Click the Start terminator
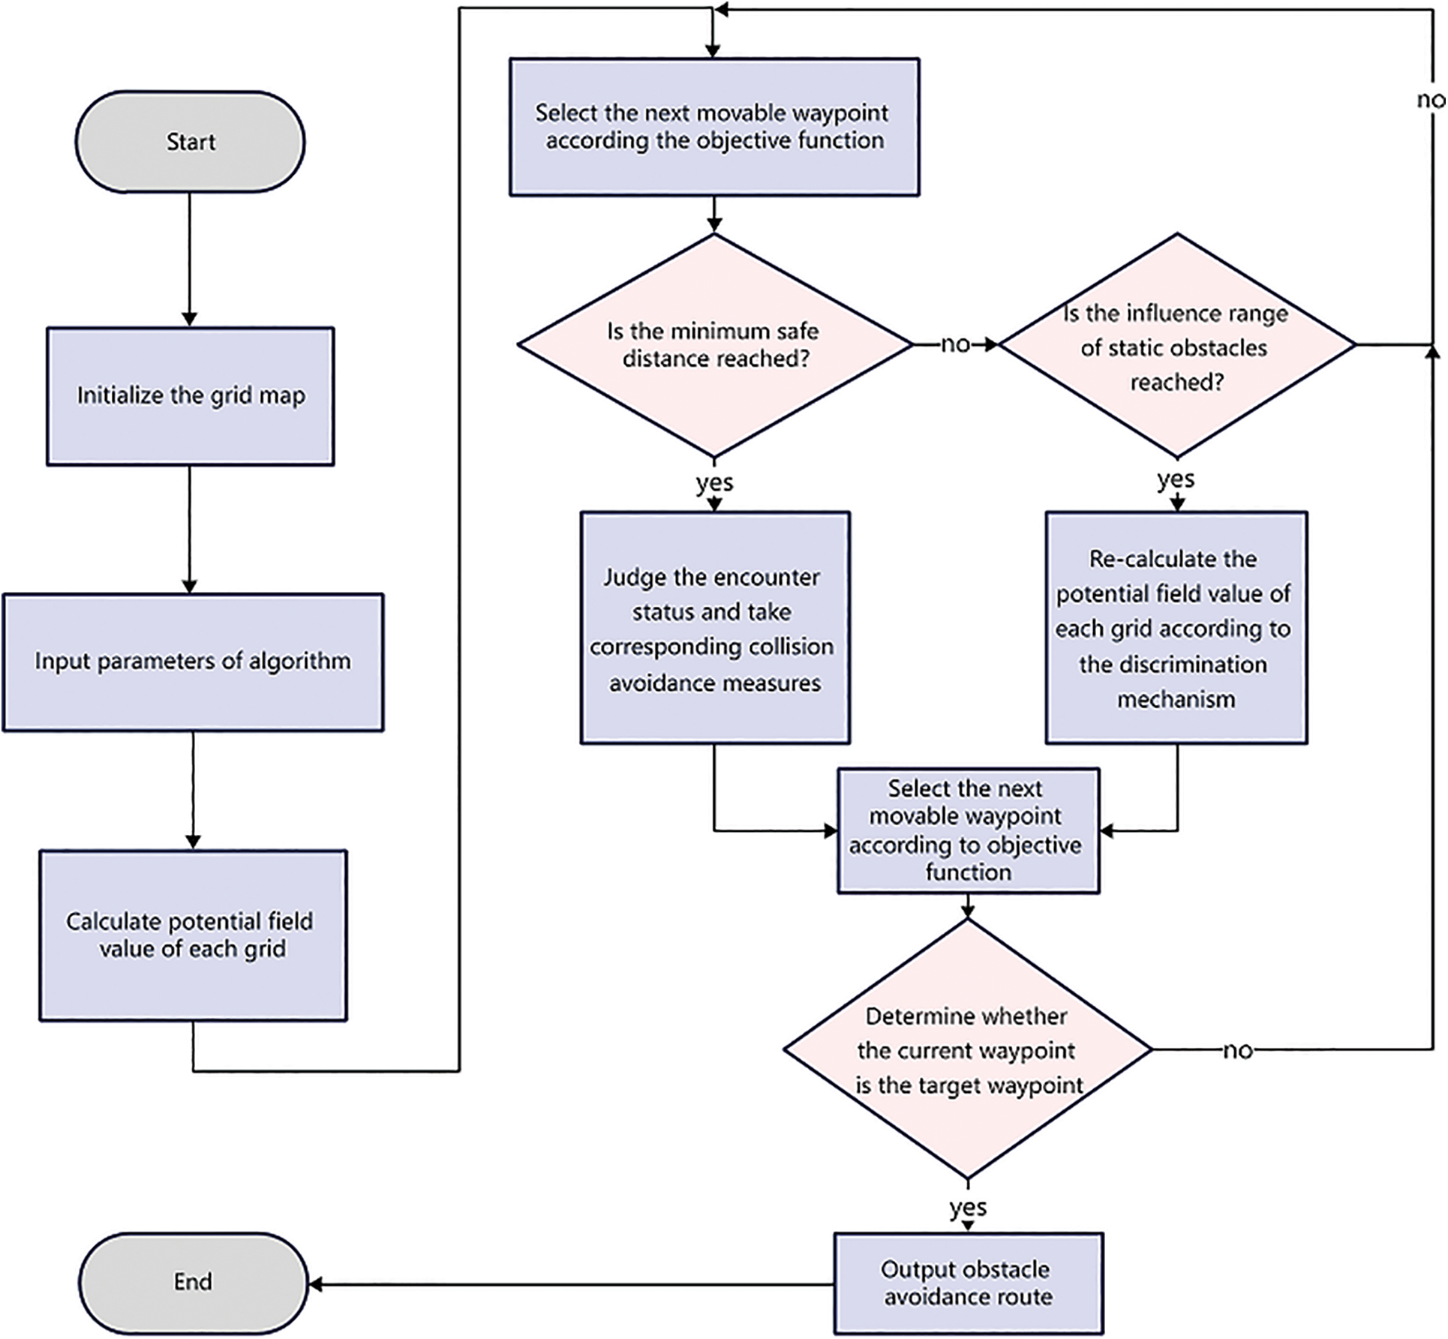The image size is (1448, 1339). coord(190,142)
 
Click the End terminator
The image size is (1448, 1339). coord(193,1281)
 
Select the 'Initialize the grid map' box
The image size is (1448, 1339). coord(190,396)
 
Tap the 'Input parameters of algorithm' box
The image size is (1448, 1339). coord(193,662)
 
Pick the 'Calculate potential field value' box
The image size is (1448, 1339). coord(193,935)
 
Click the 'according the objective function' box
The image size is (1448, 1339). coord(714,127)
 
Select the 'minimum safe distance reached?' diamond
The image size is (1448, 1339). coord(714,345)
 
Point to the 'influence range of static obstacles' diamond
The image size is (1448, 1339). coord(1176,345)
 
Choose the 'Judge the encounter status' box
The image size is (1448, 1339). coord(714,628)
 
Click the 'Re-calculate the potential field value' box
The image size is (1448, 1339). coord(1176,628)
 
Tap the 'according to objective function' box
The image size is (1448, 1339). coord(968,830)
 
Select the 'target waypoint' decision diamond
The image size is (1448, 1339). coord(968,1050)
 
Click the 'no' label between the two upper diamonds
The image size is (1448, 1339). coord(955,344)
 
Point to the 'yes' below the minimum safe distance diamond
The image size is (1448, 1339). coord(714,482)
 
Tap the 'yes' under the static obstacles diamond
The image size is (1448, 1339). coord(1176,479)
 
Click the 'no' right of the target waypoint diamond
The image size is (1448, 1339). coord(1237,1050)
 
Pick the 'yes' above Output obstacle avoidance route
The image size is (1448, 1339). coord(968,1207)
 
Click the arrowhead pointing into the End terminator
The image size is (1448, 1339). coord(316,1284)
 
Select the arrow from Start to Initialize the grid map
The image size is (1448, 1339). coord(189,259)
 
